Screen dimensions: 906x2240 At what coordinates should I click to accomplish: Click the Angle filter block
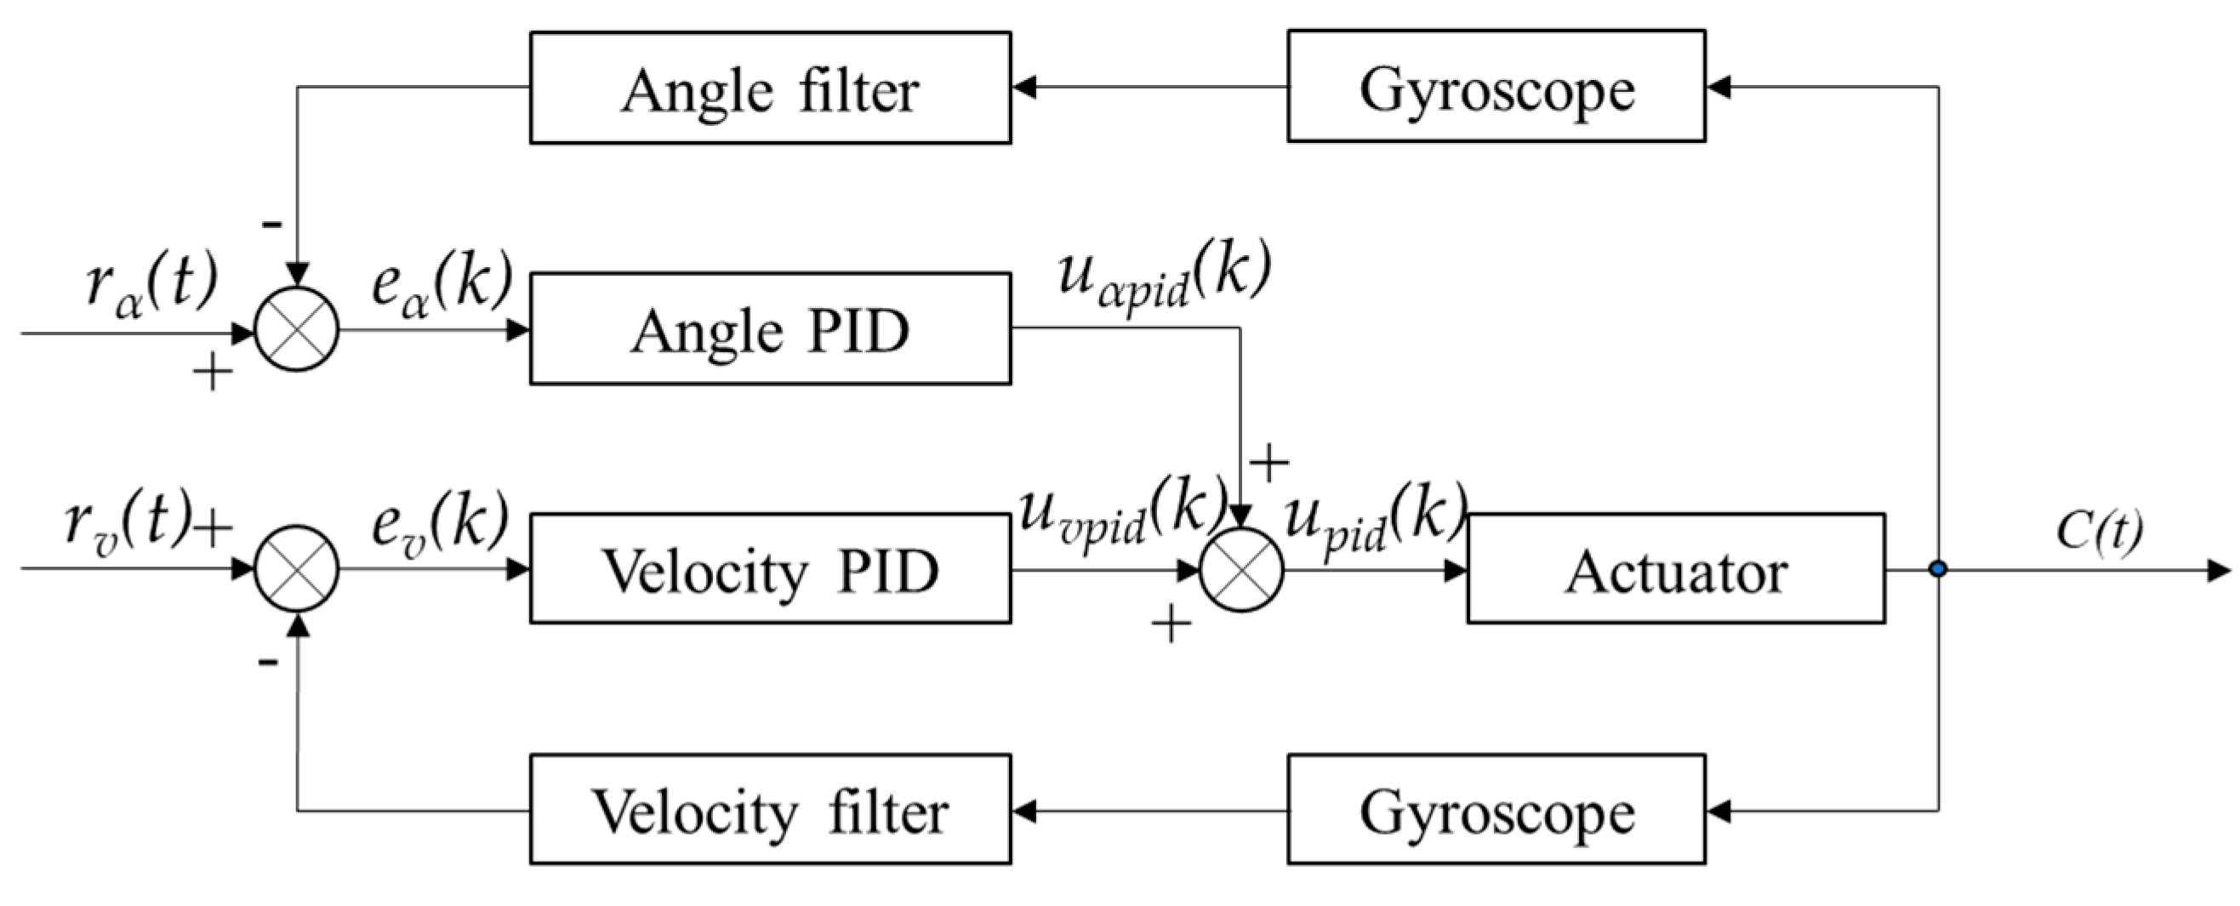(x=771, y=88)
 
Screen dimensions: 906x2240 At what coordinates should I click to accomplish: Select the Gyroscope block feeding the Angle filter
(x=1496, y=86)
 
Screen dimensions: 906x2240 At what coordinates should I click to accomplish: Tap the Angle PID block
(x=771, y=329)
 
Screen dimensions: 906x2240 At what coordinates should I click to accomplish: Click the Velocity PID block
(x=771, y=569)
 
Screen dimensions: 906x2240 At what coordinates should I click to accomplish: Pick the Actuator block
(x=1676, y=569)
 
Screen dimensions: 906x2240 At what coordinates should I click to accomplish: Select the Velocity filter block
(x=771, y=810)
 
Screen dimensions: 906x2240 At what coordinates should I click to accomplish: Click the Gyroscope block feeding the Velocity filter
(x=1496, y=810)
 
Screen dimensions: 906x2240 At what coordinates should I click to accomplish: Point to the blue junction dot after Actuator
(x=1937, y=569)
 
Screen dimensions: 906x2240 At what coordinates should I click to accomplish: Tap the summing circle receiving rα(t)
(x=297, y=330)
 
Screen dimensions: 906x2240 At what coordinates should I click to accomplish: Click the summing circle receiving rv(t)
(x=297, y=569)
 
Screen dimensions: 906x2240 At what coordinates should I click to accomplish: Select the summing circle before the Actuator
(x=1241, y=569)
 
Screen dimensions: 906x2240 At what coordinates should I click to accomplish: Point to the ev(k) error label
(x=439, y=525)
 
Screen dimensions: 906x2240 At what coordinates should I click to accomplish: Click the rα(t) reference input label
(x=151, y=287)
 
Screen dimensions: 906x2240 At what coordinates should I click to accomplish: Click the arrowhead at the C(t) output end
(x=2219, y=570)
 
